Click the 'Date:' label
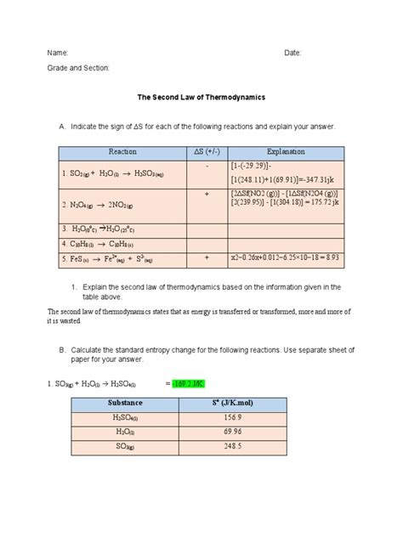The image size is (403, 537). click(x=293, y=53)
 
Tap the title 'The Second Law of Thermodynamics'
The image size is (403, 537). click(x=201, y=98)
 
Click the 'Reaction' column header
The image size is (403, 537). click(x=122, y=151)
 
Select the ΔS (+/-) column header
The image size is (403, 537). click(x=206, y=151)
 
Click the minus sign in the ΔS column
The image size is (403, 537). click(x=207, y=167)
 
